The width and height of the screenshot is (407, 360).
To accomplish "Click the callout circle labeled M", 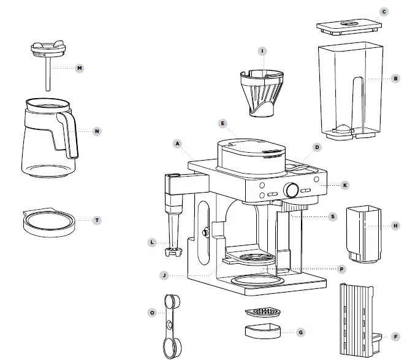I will (79, 68).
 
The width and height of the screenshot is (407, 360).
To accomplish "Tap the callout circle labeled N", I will (96, 131).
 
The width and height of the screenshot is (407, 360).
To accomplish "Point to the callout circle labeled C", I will (384, 12).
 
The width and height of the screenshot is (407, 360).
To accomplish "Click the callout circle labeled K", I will (345, 185).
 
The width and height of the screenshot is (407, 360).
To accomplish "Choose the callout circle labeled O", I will (151, 313).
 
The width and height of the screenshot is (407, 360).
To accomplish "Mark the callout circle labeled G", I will (300, 332).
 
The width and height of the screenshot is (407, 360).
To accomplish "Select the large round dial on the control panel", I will (291, 191).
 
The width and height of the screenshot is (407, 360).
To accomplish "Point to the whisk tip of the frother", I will (175, 251).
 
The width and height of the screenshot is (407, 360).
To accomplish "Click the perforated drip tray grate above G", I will (264, 312).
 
